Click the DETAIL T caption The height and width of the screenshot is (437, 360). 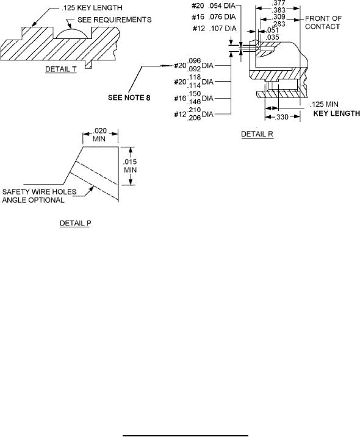[x=61, y=69]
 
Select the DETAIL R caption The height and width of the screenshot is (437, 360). [x=257, y=134]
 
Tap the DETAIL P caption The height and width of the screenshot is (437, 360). [x=75, y=223]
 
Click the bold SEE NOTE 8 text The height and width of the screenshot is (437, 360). [x=129, y=98]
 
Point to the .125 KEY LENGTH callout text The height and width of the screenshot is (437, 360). [x=92, y=7]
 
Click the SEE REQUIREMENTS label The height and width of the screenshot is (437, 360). [x=115, y=20]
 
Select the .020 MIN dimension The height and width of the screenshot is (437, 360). [x=99, y=135]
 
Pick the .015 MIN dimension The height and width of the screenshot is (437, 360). [x=130, y=166]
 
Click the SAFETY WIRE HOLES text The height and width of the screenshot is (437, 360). [x=39, y=192]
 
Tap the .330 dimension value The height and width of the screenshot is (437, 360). [x=281, y=117]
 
